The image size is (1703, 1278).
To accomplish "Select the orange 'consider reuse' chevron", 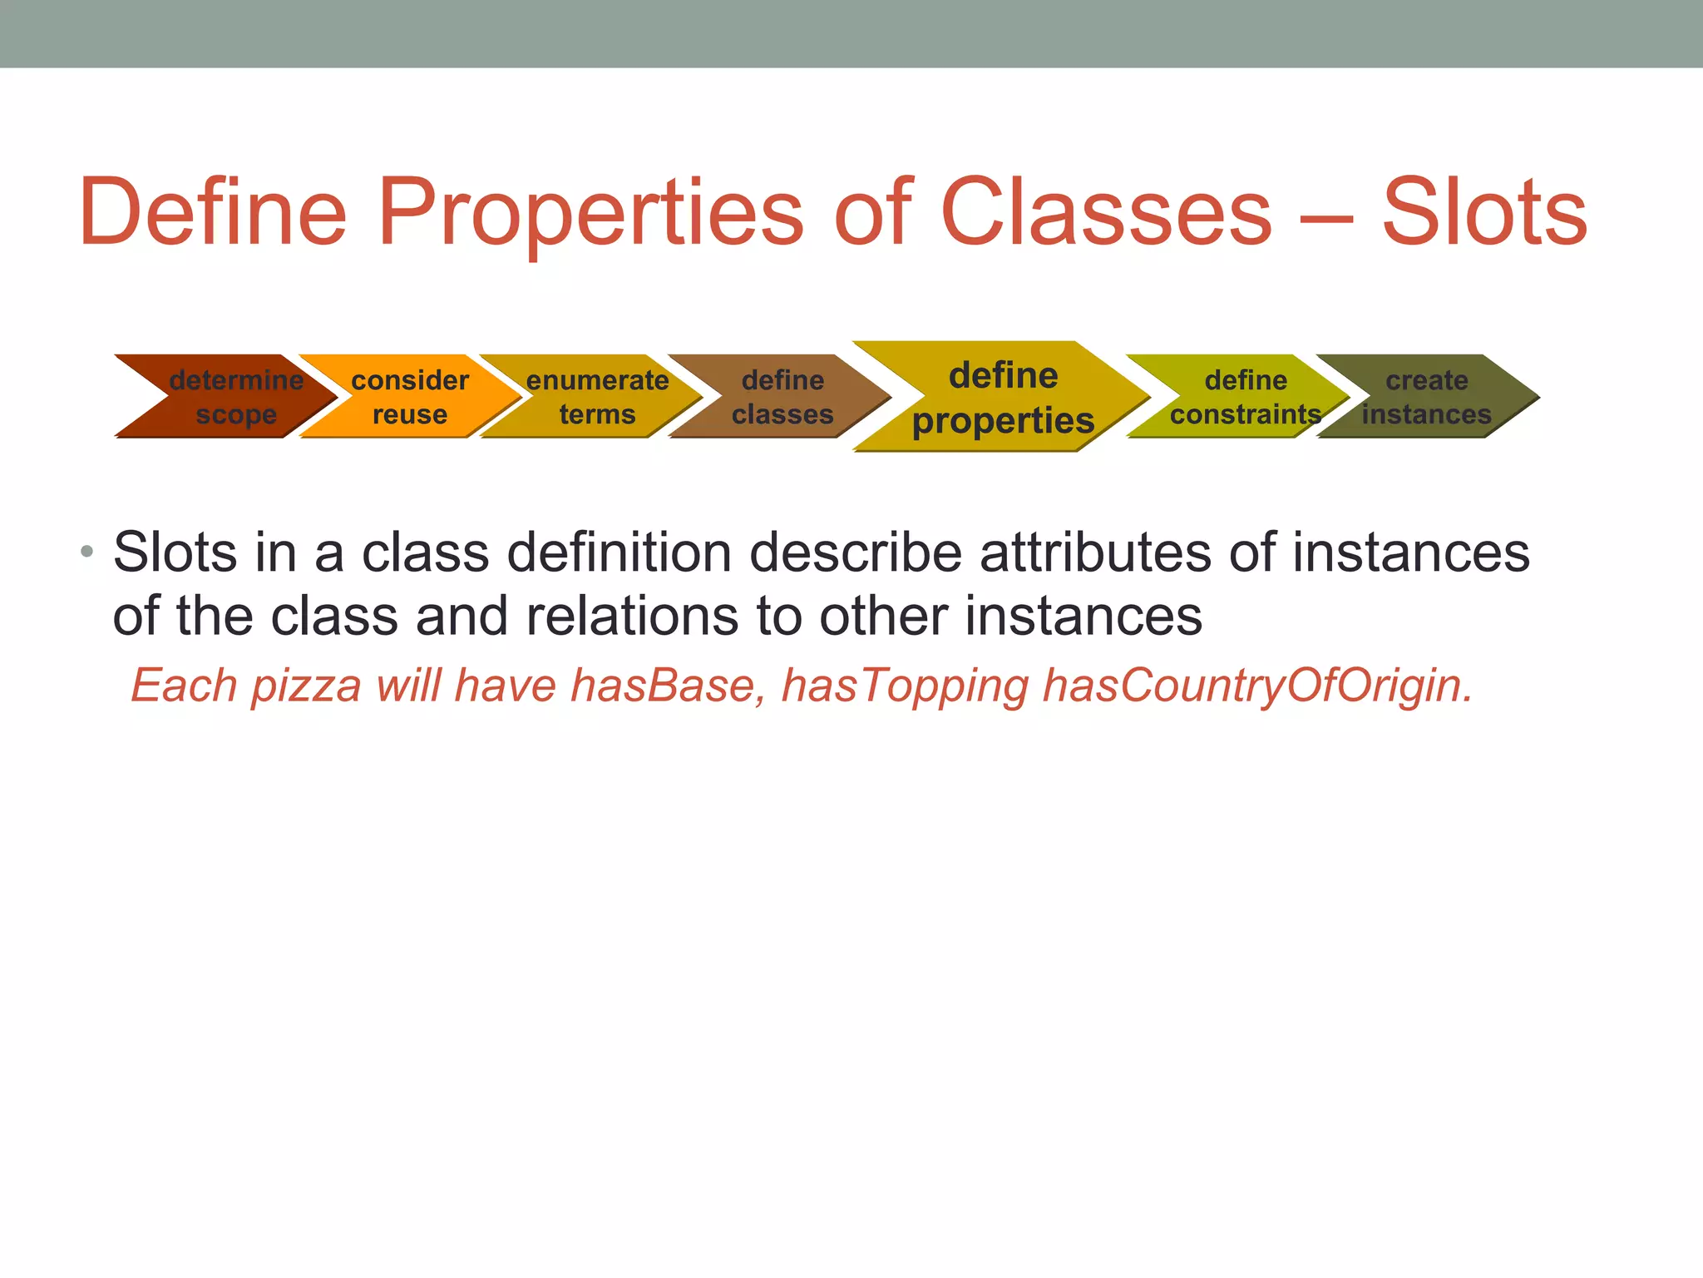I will (x=410, y=397).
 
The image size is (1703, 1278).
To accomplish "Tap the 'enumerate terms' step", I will (x=597, y=397).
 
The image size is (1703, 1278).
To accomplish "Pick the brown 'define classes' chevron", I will (x=782, y=397).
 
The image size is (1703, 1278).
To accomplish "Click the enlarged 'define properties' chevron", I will (x=1003, y=398).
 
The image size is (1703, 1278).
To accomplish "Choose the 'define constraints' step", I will (x=1245, y=397).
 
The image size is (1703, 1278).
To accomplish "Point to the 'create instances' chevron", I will (x=1426, y=397).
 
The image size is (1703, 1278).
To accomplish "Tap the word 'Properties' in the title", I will (x=590, y=215).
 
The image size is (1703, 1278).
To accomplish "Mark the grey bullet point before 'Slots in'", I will (x=87, y=552).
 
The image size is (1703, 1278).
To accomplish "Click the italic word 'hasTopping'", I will (x=905, y=688).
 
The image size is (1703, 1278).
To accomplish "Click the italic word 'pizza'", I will (x=306, y=688).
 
